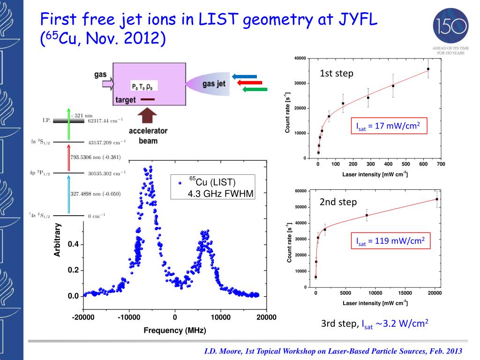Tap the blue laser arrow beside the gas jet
point(245,76)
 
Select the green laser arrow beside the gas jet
point(255,89)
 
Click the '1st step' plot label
point(337,74)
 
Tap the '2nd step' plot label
point(338,202)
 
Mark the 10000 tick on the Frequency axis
point(220,317)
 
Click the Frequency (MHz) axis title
point(174,330)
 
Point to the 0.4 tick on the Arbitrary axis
point(73,245)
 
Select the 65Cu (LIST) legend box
point(213,187)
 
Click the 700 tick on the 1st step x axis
point(441,164)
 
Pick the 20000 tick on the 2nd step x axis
point(435,293)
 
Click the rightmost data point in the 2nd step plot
point(437,199)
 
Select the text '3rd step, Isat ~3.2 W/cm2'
point(375,324)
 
